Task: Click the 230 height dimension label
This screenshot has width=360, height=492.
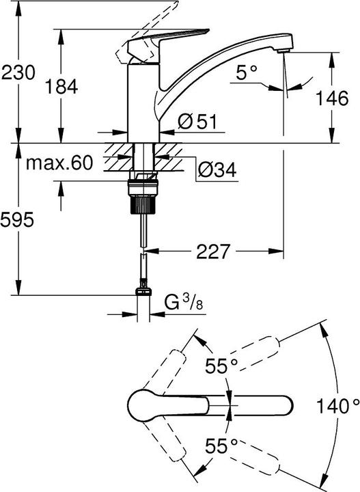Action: point(18,73)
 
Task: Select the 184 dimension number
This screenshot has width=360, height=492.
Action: point(61,87)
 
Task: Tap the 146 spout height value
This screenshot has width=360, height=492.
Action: point(331,98)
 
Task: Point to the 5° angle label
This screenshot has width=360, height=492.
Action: point(247,73)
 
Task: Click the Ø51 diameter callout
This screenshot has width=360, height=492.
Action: point(197,122)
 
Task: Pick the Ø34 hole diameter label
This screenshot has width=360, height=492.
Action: point(217,170)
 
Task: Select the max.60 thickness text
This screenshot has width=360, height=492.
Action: point(59,163)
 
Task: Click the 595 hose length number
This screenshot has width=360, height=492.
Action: point(17,219)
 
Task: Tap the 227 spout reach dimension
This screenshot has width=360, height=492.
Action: point(213,251)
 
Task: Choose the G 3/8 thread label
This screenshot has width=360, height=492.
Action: point(184,303)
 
